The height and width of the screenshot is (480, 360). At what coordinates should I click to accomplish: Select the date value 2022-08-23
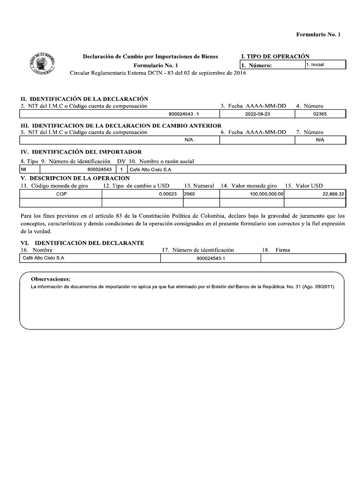click(256, 113)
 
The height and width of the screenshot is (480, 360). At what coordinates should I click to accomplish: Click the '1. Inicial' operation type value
click(315, 65)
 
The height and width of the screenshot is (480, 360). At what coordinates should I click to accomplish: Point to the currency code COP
click(61, 194)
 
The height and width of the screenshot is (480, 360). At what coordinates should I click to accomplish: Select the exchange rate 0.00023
click(167, 194)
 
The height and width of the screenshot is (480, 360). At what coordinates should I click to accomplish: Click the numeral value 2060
click(190, 194)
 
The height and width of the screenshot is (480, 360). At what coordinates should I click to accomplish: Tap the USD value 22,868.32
click(331, 194)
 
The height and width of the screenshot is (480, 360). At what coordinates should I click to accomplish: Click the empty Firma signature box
click(303, 258)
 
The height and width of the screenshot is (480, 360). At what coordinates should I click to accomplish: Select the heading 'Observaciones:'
click(50, 278)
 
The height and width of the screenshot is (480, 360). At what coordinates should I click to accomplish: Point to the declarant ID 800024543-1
click(210, 258)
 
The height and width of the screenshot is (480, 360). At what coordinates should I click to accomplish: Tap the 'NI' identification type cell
click(23, 169)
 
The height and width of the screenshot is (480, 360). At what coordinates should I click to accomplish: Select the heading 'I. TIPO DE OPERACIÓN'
click(275, 56)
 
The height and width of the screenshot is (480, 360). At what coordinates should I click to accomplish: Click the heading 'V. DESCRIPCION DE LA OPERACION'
click(75, 179)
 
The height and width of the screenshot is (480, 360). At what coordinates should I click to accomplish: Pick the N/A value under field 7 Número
click(320, 140)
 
